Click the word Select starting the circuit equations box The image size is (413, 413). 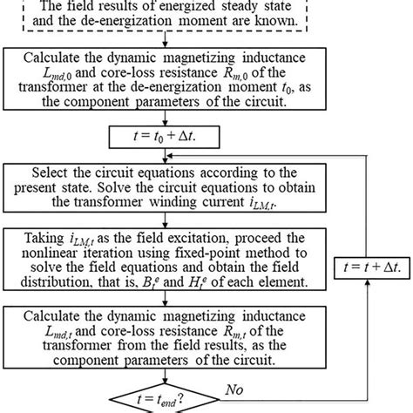pyautogui.click(x=54, y=172)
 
